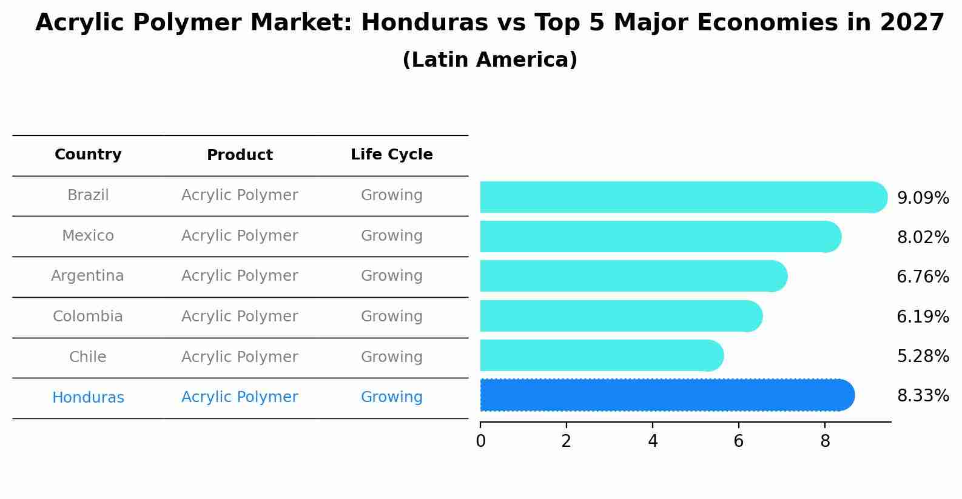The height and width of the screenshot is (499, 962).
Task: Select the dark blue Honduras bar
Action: click(x=667, y=395)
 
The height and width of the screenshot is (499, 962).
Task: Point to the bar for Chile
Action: click(x=601, y=355)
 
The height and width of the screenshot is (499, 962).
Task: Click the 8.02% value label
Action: click(x=923, y=238)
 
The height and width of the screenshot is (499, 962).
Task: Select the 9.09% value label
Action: click(x=923, y=198)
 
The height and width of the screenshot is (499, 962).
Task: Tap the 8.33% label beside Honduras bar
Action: click(x=923, y=396)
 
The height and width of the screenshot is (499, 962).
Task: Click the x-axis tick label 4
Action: click(x=653, y=441)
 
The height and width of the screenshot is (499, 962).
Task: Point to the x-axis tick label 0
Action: click(x=480, y=441)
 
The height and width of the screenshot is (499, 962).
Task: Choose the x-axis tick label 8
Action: click(x=825, y=441)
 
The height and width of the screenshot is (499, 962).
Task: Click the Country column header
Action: click(x=88, y=155)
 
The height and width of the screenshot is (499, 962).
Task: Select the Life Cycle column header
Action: click(x=391, y=155)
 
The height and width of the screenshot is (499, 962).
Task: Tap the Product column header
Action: click(x=240, y=155)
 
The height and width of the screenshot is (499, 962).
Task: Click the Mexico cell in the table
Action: click(x=88, y=236)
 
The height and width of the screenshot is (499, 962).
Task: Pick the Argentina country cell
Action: click(x=87, y=276)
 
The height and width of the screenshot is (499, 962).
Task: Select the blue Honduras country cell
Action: click(x=88, y=398)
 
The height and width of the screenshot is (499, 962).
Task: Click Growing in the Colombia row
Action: click(x=391, y=316)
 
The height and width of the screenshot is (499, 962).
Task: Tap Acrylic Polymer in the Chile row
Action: click(x=240, y=357)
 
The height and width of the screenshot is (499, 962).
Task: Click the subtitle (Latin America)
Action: click(x=489, y=60)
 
